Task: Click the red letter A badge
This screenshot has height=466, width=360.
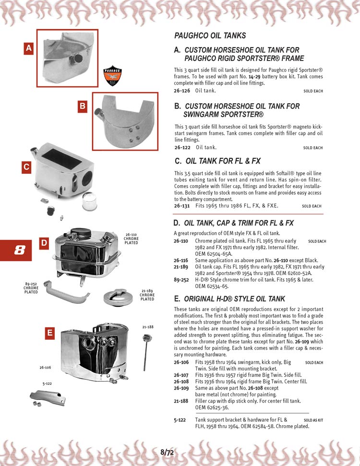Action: [x=29, y=48]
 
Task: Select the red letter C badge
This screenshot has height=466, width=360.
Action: [x=27, y=167]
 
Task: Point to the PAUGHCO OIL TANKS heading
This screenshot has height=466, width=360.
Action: [x=210, y=36]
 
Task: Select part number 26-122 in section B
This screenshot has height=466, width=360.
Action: [x=182, y=147]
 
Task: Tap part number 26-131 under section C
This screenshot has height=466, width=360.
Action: [x=182, y=205]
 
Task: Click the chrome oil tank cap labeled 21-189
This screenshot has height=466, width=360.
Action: [x=118, y=297]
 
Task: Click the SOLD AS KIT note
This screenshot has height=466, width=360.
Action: [x=314, y=420]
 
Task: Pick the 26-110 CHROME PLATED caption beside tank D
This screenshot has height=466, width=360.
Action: [x=131, y=239]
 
